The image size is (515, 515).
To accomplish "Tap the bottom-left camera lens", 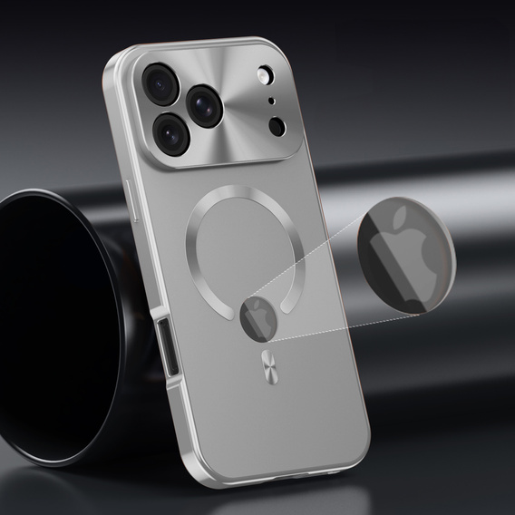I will coord(170,133).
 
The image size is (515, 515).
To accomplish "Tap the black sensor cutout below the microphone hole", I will coord(277,125).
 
